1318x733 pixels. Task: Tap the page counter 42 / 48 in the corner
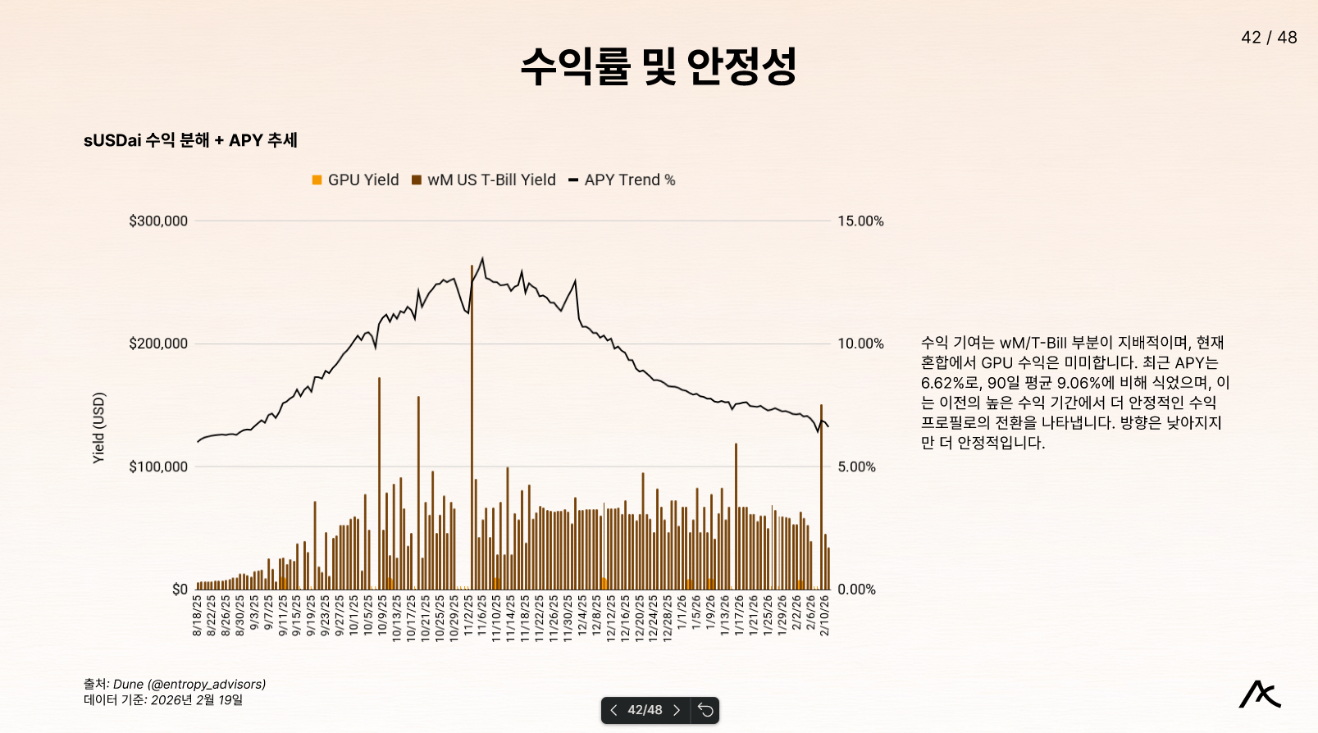1269,38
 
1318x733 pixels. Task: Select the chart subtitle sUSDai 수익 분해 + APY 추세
190,140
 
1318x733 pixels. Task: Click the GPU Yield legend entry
355,180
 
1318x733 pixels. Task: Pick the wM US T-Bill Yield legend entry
484,180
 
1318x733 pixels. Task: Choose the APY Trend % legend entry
623,180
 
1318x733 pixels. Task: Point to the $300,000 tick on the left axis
158,221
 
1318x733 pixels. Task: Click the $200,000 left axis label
158,344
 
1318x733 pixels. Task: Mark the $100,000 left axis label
158,467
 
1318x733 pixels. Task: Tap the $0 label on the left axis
180,590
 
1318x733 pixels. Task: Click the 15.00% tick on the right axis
860,221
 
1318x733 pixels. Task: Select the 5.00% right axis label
856,467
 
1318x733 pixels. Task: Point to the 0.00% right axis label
856,590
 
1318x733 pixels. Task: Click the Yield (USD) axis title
98,428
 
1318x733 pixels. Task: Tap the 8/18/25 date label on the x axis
197,615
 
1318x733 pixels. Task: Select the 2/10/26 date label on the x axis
824,615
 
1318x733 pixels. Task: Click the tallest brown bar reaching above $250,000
472,410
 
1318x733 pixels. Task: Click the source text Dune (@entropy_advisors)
189,684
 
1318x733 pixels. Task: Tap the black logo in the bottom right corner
1260,694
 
